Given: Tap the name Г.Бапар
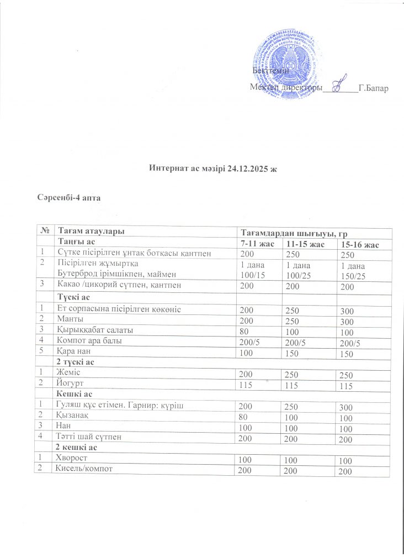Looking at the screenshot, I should (376, 87).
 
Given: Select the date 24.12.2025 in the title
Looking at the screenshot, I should (248, 167).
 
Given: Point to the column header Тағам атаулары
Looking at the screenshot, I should (87, 231).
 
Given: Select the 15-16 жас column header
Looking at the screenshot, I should (359, 244).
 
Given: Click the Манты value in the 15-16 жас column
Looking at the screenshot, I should (347, 322).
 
